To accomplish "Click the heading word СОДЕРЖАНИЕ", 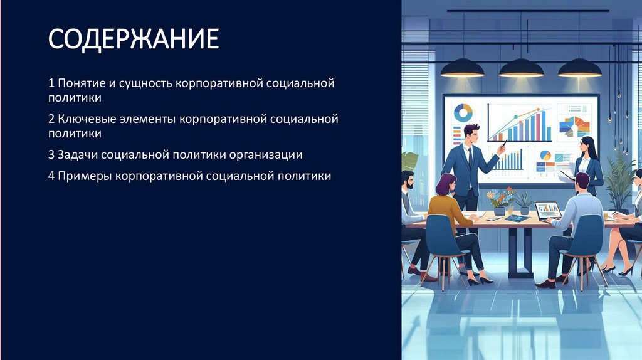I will click(134, 39).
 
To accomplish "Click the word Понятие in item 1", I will click(78, 83).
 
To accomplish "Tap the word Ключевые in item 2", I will click(83, 118).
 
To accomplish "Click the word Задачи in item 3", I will click(77, 154).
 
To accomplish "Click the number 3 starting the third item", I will click(51, 154).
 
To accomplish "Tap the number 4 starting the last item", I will click(51, 176).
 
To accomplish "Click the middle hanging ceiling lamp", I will click(521, 66).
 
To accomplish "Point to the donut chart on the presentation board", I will click(463, 113).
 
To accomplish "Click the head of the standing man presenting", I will click(471, 134).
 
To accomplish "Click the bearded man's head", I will click(408, 181).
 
